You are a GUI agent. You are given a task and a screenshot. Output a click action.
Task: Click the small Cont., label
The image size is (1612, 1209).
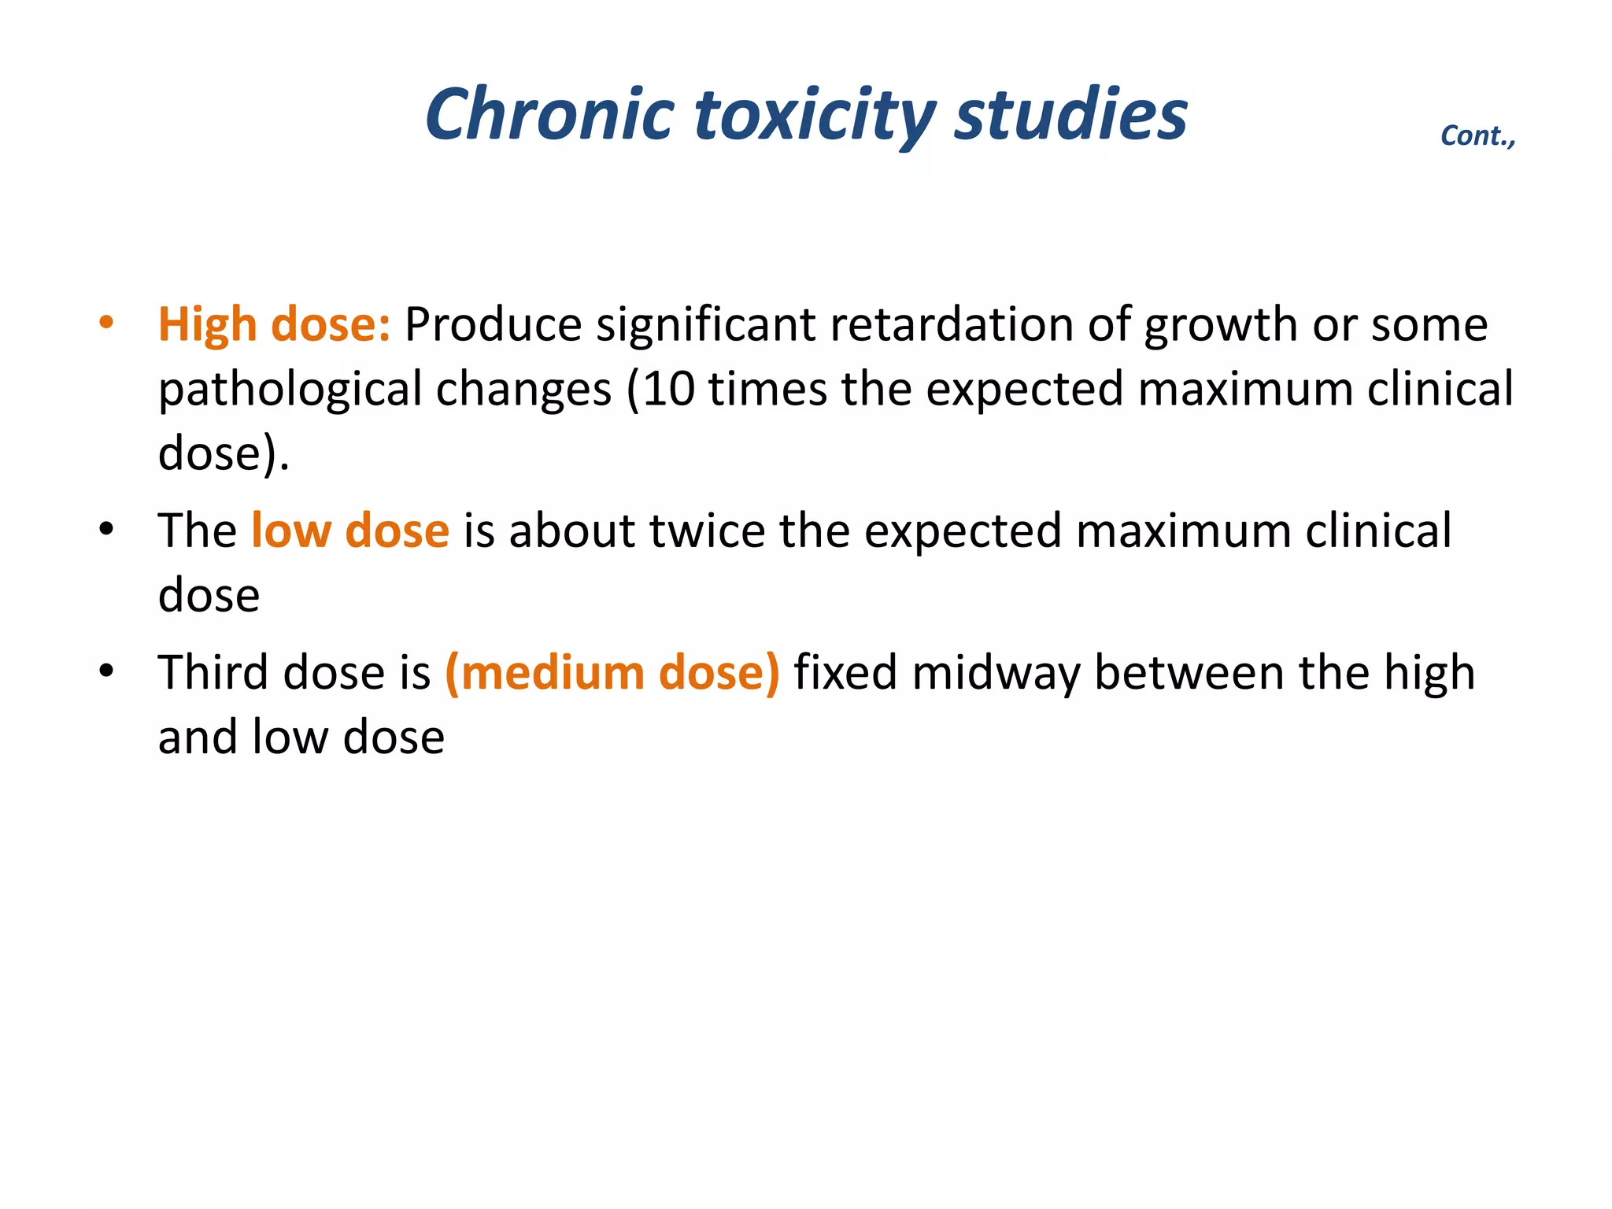tap(1477, 136)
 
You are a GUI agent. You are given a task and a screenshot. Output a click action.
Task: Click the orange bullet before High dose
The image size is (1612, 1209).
tap(106, 323)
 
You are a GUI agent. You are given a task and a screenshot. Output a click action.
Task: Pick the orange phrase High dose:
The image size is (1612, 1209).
tap(274, 324)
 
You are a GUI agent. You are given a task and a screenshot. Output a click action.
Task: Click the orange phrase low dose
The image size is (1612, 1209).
tap(350, 531)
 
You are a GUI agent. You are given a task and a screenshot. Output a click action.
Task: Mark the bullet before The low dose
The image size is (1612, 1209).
tap(106, 529)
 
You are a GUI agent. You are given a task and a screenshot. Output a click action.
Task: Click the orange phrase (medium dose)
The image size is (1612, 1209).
tap(612, 673)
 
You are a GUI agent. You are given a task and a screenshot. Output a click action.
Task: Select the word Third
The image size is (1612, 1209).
tap(213, 673)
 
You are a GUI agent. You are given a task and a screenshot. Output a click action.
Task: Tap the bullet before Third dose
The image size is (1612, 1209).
tap(106, 671)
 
